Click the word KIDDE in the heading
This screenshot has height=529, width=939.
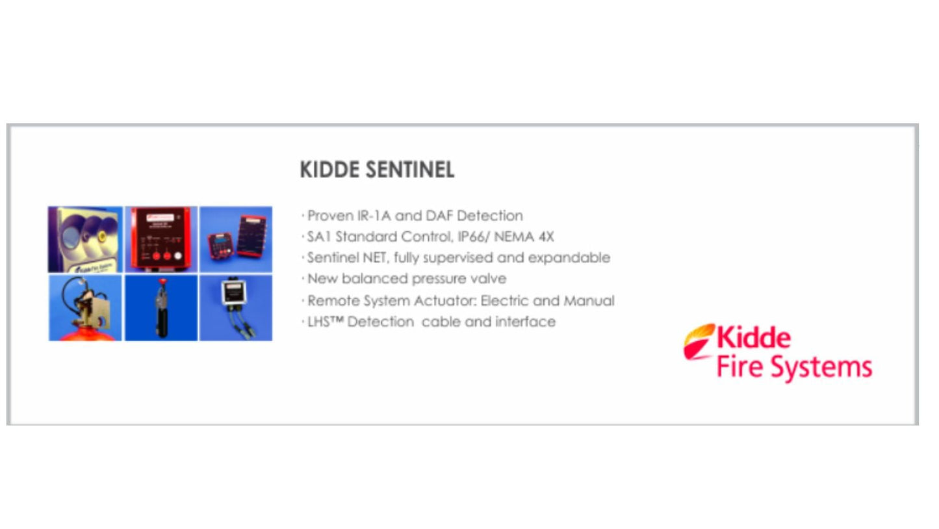click(x=330, y=170)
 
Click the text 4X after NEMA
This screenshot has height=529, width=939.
click(x=545, y=237)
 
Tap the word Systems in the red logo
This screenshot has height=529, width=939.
click(x=829, y=368)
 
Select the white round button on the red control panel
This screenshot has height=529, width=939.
click(x=177, y=256)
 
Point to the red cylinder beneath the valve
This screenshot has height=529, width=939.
click(x=85, y=335)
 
